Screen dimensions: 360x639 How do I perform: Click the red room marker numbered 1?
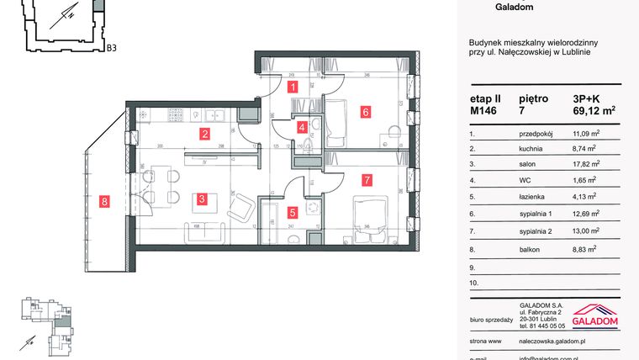(x=292, y=87)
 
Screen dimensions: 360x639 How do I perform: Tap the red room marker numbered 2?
(x=204, y=133)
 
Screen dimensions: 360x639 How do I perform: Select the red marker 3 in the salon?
(x=203, y=199)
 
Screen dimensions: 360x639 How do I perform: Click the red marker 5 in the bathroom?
(x=292, y=214)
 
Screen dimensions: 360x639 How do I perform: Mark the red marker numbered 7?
(x=367, y=179)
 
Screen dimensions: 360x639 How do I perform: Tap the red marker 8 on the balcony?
(x=103, y=201)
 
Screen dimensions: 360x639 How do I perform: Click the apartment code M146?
(x=485, y=109)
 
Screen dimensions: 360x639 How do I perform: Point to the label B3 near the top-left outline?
(x=111, y=49)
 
